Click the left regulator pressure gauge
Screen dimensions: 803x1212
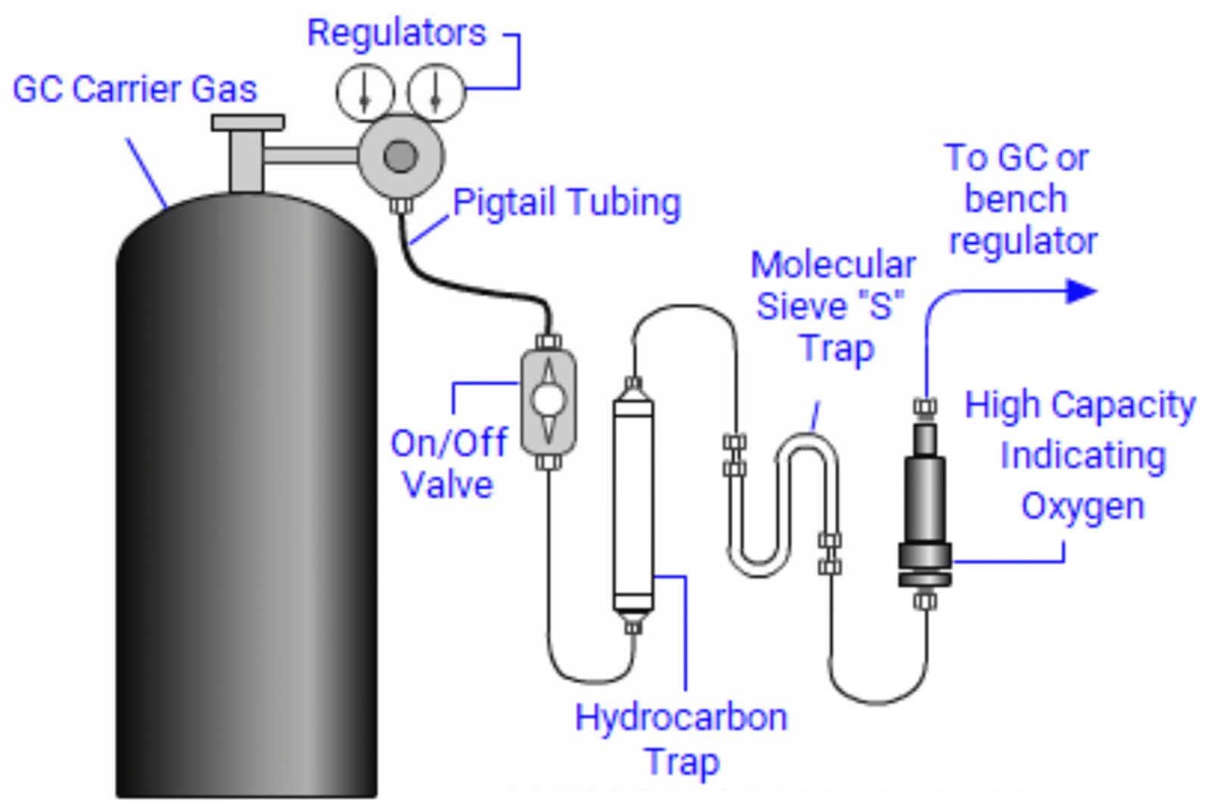pos(365,93)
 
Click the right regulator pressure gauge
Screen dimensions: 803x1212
pos(436,93)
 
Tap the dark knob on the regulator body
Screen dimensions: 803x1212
pos(401,157)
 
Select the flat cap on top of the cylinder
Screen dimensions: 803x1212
pos(248,123)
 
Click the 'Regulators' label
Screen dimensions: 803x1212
pos(396,33)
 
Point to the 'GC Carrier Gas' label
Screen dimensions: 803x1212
pos(135,89)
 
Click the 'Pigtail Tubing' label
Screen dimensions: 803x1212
pos(567,202)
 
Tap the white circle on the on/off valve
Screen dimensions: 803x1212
pos(548,400)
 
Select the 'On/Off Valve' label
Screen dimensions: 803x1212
pos(448,464)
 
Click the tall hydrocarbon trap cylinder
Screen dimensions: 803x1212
pos(633,504)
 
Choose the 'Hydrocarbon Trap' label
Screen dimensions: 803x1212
pos(681,739)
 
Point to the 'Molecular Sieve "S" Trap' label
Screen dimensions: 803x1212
pos(833,307)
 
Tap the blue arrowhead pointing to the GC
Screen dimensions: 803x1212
pos(1081,291)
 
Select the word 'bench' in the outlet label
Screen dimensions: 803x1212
pos(1016,199)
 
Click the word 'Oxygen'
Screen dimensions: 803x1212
pos(1082,506)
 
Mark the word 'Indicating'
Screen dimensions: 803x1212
pos(1082,456)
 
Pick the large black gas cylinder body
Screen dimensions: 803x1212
pos(246,492)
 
